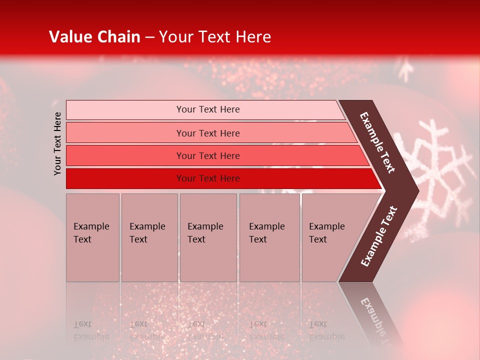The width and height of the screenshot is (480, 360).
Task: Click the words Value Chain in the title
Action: tap(94, 37)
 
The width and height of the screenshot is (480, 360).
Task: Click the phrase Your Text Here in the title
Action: tap(215, 37)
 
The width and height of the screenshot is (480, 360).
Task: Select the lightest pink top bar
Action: tap(208, 109)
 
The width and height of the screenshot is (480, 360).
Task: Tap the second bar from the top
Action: tap(208, 133)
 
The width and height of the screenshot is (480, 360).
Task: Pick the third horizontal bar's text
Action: tap(208, 156)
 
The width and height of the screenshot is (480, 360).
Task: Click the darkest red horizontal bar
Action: tap(208, 178)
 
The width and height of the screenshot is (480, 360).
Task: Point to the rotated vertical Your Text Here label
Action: tap(57, 143)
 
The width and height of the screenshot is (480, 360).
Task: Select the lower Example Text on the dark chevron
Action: tap(379, 236)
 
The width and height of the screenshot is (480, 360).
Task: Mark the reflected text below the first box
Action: tap(91, 330)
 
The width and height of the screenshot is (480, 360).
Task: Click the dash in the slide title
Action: tap(149, 37)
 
